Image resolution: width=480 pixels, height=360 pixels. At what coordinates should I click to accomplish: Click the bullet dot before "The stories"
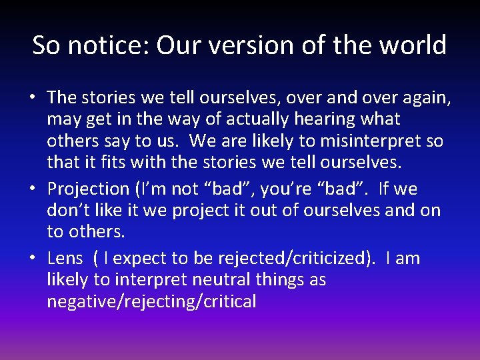pyautogui.click(x=32, y=98)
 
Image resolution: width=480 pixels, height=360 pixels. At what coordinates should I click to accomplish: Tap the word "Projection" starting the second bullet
pyautogui.click(x=88, y=189)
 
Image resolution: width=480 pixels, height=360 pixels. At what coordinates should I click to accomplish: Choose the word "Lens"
pyautogui.click(x=65, y=259)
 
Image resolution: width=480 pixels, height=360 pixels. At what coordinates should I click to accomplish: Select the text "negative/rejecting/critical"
pyautogui.click(x=151, y=302)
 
